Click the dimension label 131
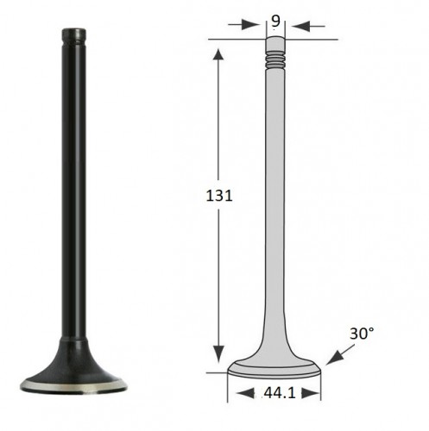tap(219, 196)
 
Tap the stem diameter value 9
tap(275, 21)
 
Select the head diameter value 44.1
tap(280, 392)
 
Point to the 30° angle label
tap(362, 334)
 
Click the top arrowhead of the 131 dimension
tap(218, 54)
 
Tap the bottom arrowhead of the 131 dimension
tap(218, 354)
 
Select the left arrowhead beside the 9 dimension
tap(249, 25)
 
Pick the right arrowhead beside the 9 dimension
tap(301, 26)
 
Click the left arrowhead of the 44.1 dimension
tap(245, 393)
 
